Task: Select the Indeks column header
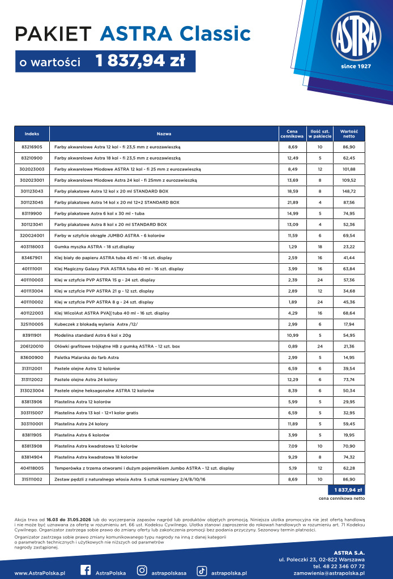coord(32,134)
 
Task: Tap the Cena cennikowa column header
coord(292,134)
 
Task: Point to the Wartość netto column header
coord(349,134)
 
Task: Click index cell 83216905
coord(32,147)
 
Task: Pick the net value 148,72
coord(349,191)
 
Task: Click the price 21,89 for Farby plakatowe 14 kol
coord(292,202)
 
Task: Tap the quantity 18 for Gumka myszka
coord(320,246)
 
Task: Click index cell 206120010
coord(32,346)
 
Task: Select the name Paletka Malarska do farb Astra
coord(87,357)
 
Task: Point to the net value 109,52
coord(349,180)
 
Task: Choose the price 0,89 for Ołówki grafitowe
coord(292,346)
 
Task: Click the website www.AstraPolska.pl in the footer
coord(40,573)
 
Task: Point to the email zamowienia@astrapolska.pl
coord(329,573)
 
